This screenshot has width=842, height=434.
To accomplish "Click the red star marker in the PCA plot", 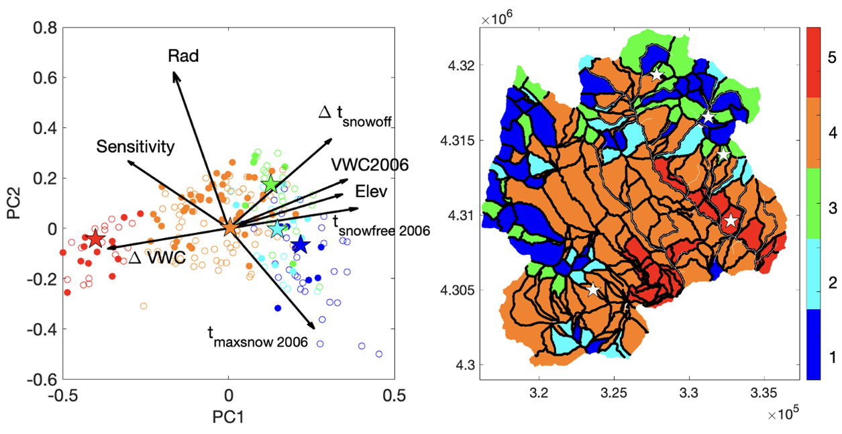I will (95, 238).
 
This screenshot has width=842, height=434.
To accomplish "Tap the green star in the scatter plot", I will (270, 183).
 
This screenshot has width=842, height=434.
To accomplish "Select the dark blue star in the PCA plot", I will (300, 245).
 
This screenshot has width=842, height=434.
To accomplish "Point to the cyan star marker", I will (277, 229).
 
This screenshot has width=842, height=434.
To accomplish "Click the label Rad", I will (183, 56).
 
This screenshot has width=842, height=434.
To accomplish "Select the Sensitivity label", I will (135, 146).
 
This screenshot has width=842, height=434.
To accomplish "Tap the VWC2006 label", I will (370, 165).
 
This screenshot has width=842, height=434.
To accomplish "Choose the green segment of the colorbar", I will (812, 203).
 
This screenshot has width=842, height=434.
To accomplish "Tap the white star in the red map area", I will (731, 221).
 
